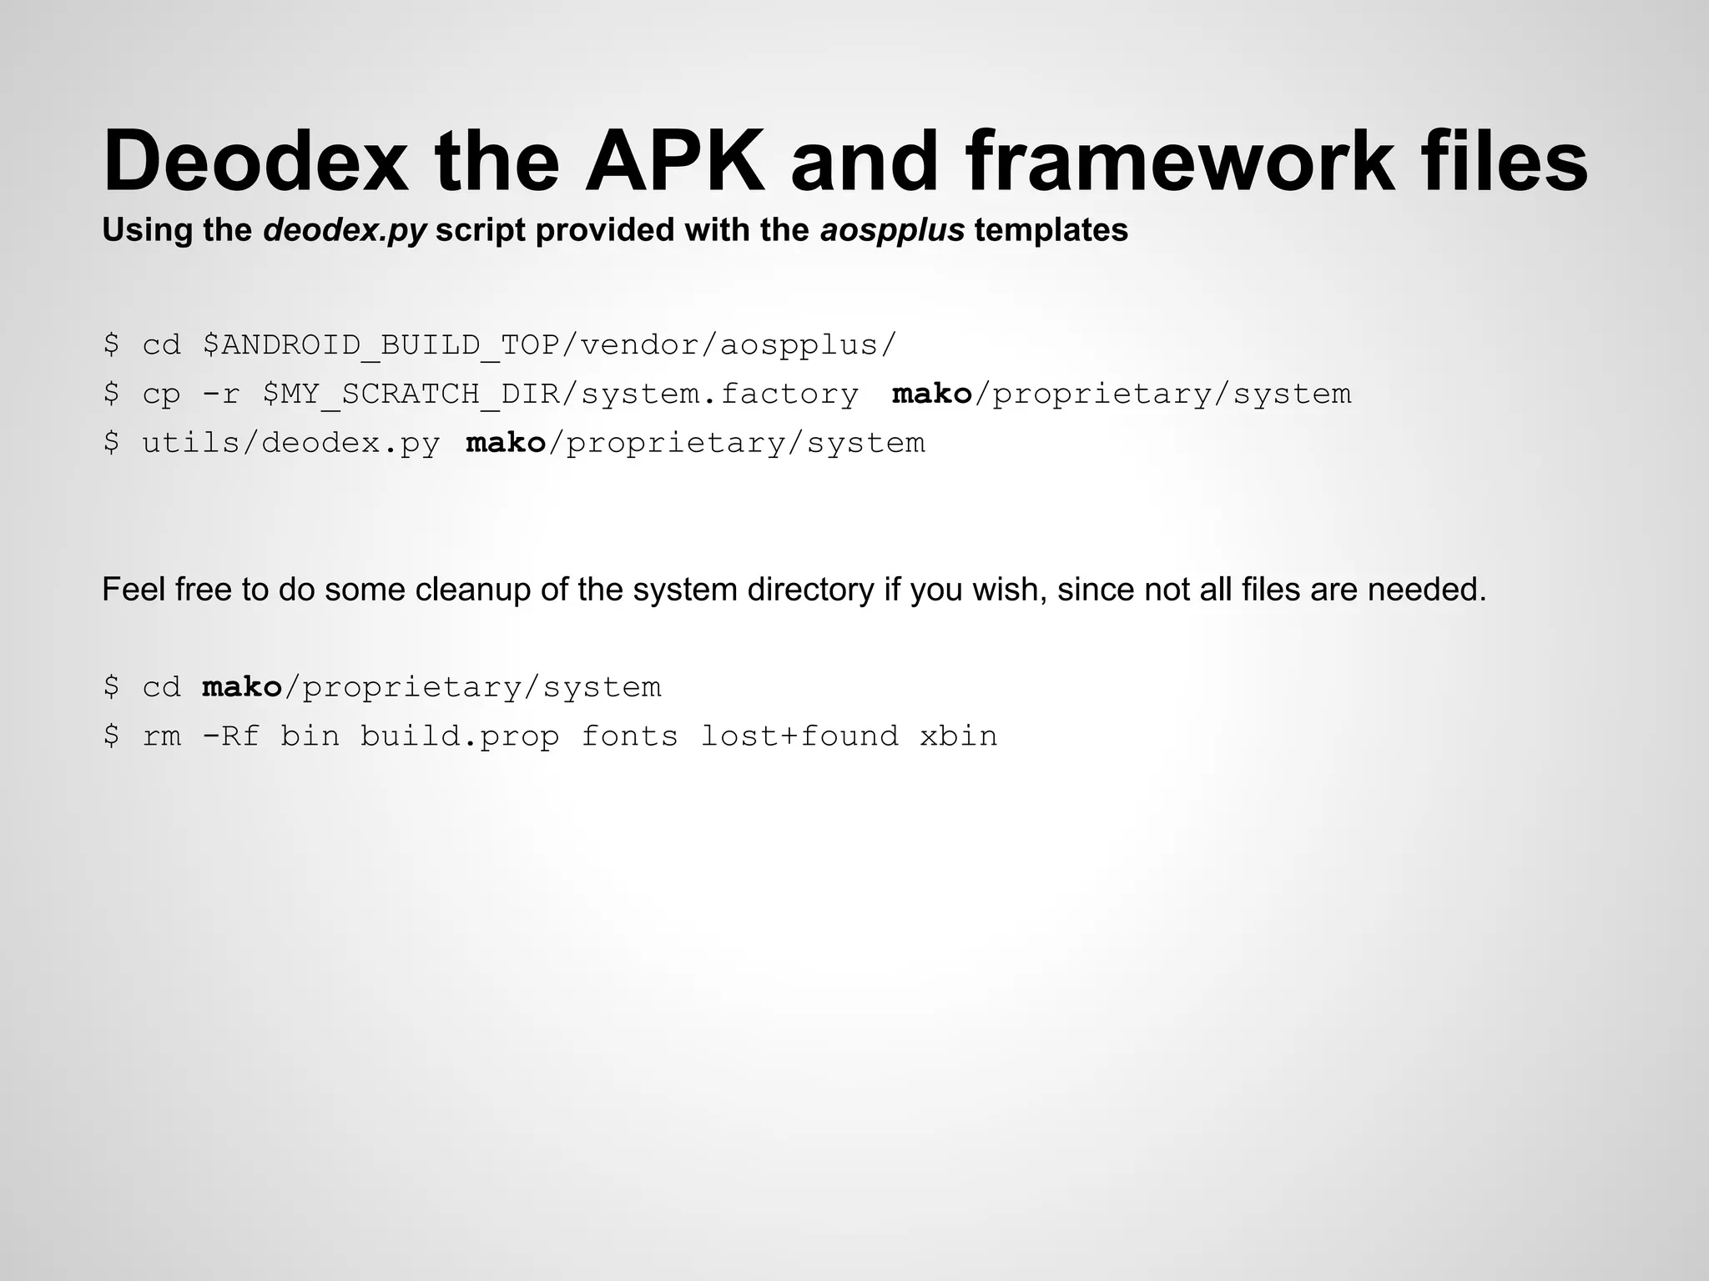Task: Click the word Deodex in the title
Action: point(255,161)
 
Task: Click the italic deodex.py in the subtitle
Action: point(345,229)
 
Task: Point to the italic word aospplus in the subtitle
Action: point(892,229)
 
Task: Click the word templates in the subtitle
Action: point(1051,229)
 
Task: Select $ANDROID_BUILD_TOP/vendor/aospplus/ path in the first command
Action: point(549,344)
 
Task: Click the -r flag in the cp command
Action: point(221,394)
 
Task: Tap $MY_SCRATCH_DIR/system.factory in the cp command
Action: point(560,394)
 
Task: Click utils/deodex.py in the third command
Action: point(291,443)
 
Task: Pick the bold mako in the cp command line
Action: point(932,394)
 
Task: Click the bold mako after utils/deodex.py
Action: point(506,443)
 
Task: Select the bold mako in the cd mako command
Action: point(242,687)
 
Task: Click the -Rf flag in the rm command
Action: point(231,736)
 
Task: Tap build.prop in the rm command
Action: point(460,736)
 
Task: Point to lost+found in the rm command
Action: point(799,736)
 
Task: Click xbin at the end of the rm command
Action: point(959,736)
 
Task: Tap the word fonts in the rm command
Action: point(630,736)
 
